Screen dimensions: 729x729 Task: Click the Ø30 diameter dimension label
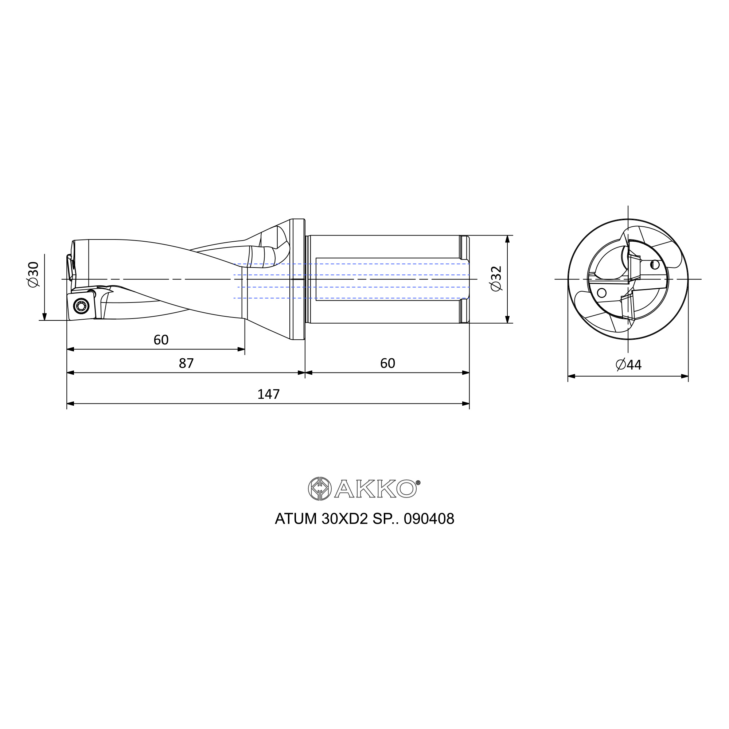pyautogui.click(x=34, y=274)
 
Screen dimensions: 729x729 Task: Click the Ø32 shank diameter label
pyautogui.click(x=496, y=278)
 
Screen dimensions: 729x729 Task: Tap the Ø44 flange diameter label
pyautogui.click(x=628, y=364)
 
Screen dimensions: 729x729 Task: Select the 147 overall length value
pyautogui.click(x=268, y=394)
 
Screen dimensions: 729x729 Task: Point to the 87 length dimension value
pyautogui.click(x=186, y=363)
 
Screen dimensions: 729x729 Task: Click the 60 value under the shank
pyautogui.click(x=387, y=363)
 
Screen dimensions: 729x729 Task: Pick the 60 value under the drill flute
pyautogui.click(x=161, y=340)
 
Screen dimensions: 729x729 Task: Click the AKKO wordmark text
pyautogui.click(x=375, y=489)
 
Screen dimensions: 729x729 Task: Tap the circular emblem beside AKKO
pyautogui.click(x=320, y=489)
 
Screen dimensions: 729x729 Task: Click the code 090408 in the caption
pyautogui.click(x=429, y=519)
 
